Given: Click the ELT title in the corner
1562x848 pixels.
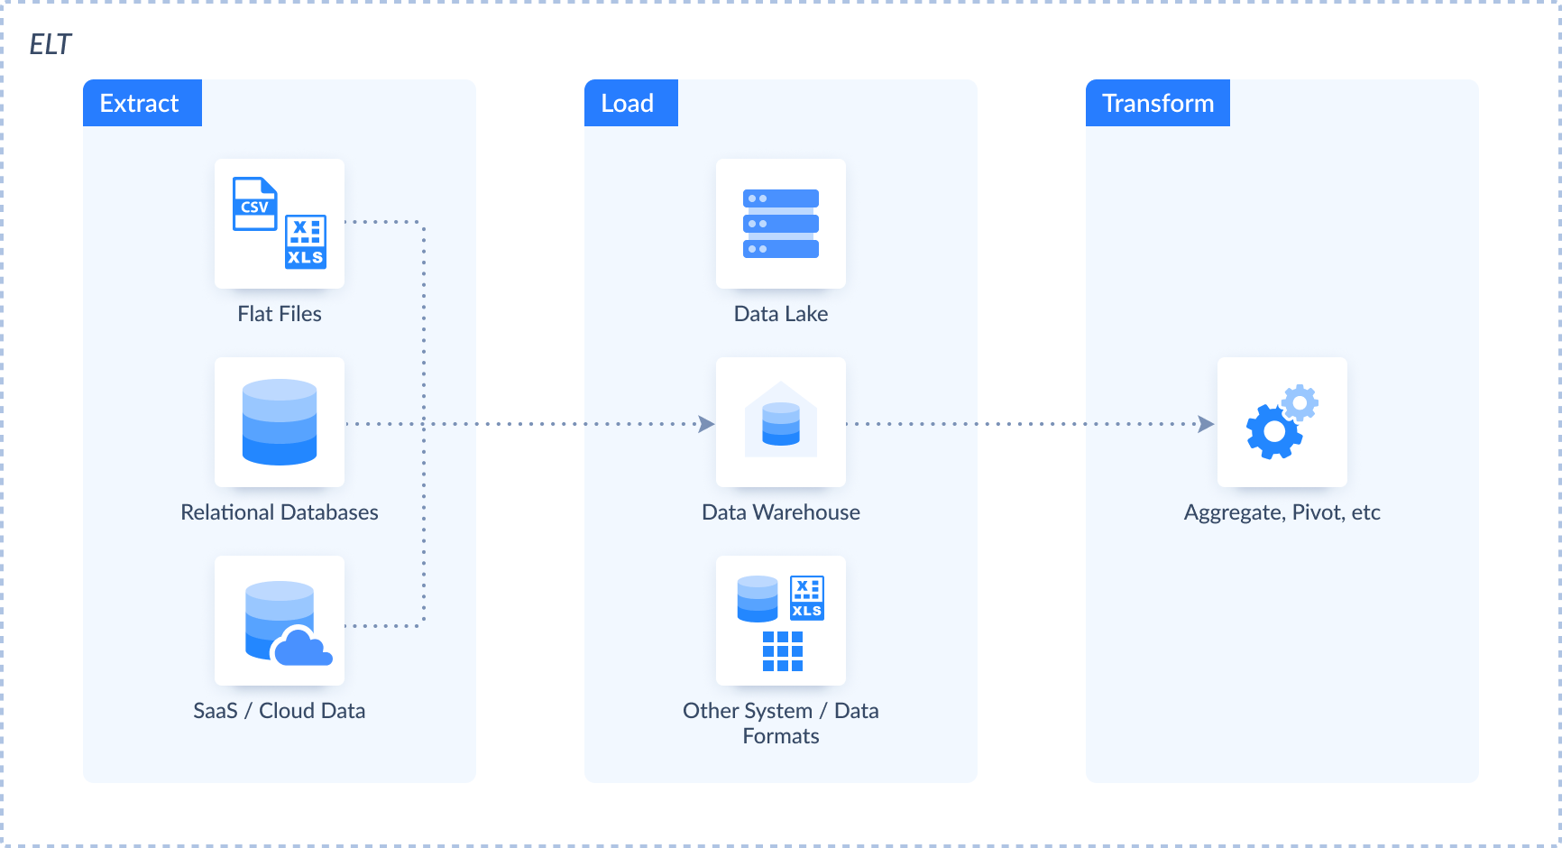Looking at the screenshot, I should point(50,44).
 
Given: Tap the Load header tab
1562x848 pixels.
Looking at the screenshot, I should point(629,103).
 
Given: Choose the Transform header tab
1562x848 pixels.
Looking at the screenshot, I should point(1157,103).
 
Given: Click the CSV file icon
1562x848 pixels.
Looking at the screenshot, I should point(254,204).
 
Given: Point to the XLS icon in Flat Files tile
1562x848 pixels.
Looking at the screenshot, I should point(306,242).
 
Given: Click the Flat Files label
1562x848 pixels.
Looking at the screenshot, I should point(280,314).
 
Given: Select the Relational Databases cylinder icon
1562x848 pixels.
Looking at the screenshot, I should point(280,422).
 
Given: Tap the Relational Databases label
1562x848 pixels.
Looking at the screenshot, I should point(280,512).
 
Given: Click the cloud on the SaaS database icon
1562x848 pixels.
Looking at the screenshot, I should point(302,646).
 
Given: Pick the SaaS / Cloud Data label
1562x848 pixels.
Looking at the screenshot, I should point(280,711).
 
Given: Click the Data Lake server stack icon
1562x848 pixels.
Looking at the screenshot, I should point(781,224).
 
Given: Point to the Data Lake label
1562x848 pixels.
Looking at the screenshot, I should point(781,314).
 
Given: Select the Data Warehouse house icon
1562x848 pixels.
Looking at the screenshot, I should point(781,420).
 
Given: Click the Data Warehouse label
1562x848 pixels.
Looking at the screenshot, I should point(781,512).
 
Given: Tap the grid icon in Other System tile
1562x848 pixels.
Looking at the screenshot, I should point(782,651).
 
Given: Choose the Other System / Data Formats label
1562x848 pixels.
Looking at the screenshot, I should point(781,724).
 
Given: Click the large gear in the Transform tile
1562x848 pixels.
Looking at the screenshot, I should point(1273,431).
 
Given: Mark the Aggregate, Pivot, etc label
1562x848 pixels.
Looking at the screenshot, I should point(1282,512).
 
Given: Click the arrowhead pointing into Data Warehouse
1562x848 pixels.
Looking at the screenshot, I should point(707,423).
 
